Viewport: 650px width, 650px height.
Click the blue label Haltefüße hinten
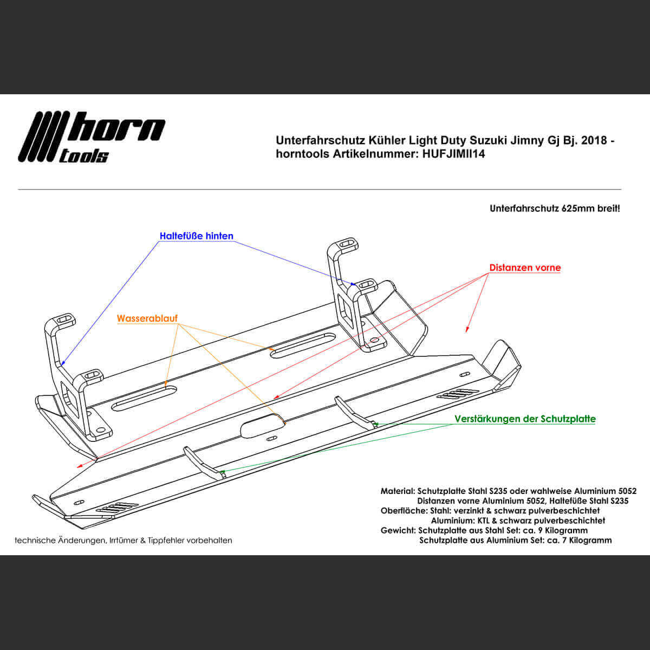(x=196, y=236)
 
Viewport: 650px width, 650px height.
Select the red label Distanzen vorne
(x=525, y=268)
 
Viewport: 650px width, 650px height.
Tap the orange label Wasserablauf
(x=147, y=318)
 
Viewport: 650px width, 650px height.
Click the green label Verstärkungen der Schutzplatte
(x=525, y=419)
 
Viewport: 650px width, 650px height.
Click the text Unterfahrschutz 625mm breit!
(x=555, y=208)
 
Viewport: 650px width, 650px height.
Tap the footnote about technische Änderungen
(x=123, y=540)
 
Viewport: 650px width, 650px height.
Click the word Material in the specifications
(x=397, y=491)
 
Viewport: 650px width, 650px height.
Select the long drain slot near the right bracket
(x=303, y=346)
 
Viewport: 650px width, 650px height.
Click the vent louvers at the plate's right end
(x=458, y=394)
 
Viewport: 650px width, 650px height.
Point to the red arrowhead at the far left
(x=79, y=466)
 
